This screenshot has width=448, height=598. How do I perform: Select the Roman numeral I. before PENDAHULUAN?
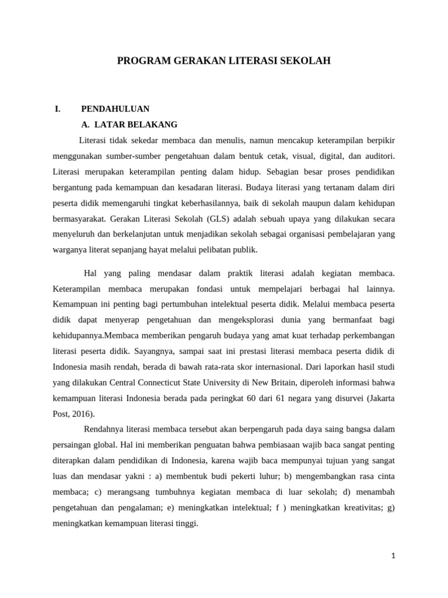[57, 109]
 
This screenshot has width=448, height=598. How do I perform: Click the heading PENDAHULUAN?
[115, 109]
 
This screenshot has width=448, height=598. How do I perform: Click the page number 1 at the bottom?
[393, 556]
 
